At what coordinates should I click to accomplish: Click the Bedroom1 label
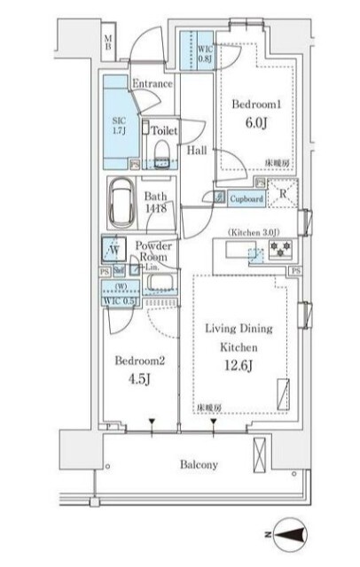pos(257,104)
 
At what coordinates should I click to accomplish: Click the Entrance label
pos(153,83)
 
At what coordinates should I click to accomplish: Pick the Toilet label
pos(164,130)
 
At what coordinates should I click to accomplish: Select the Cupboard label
pos(247,199)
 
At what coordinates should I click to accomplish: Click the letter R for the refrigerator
pos(282,194)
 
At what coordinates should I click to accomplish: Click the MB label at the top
pos(108,41)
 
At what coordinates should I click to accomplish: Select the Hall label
pos(197,151)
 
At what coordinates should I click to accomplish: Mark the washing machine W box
pos(114,249)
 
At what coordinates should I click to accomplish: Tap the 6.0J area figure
pos(257,125)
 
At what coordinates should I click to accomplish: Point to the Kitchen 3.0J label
pos(257,232)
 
